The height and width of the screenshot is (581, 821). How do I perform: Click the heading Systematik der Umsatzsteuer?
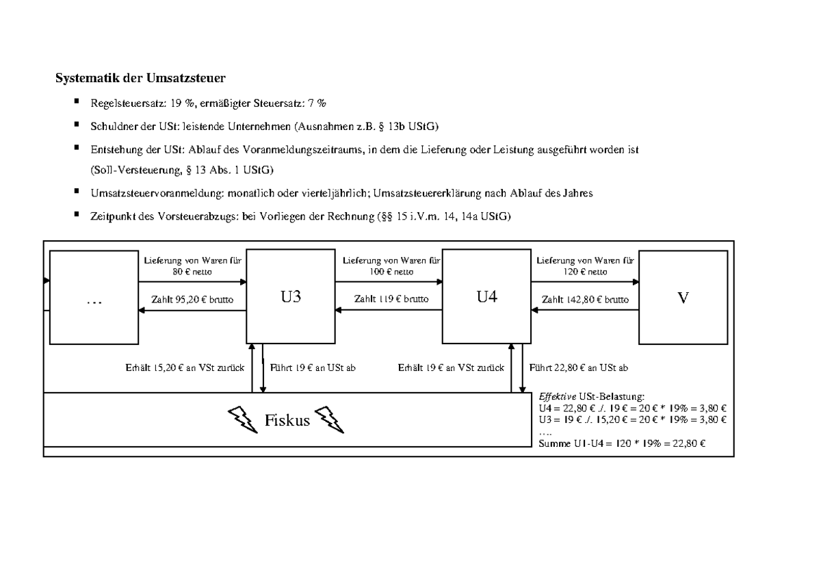140,78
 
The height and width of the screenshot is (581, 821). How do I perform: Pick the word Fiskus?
287,419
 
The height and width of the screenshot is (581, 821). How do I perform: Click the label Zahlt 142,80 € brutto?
585,299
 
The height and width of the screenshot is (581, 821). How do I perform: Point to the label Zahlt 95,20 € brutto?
194,299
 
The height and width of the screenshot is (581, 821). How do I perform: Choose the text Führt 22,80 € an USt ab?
579,367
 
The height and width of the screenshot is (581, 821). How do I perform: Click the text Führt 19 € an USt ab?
313,367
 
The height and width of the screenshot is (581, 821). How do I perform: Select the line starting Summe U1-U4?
623,443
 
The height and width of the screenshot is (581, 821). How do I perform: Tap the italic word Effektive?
558,396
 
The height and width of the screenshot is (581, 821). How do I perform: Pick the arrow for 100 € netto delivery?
388,281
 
